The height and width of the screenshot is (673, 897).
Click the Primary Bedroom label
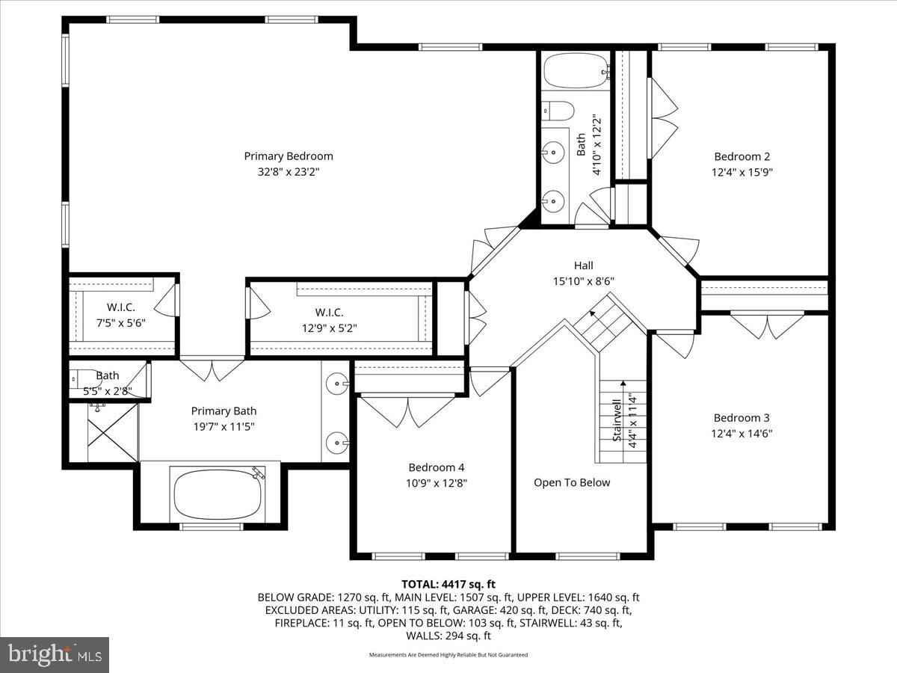[288, 156]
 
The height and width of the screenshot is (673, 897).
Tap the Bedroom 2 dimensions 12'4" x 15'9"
[742, 171]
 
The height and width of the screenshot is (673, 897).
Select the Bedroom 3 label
[742, 418]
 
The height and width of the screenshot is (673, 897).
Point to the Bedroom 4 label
[437, 467]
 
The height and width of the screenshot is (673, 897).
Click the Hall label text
[583, 265]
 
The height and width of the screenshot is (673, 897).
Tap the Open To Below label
[572, 482]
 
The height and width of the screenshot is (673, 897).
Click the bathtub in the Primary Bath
[218, 494]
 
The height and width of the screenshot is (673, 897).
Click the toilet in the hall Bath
[558, 111]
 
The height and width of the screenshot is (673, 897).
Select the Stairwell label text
[617, 420]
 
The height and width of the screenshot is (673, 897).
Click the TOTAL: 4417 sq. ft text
[449, 584]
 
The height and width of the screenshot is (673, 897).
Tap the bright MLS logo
[55, 655]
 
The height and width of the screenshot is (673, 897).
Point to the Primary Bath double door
[212, 369]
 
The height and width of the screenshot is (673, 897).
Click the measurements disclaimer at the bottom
[449, 655]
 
